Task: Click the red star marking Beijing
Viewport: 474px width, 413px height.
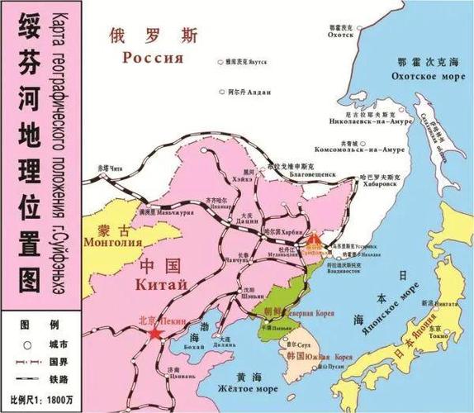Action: point(154,333)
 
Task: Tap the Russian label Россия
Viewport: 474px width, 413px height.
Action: point(151,58)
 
